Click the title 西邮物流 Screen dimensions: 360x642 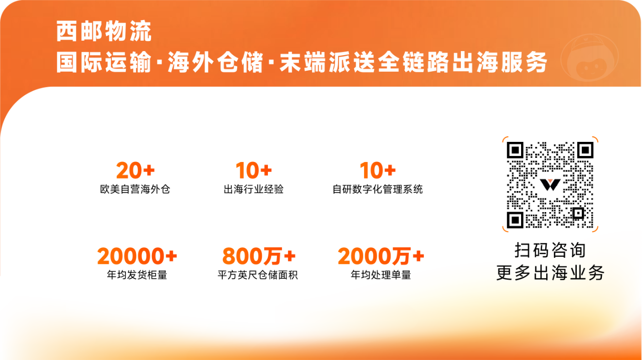(x=104, y=33)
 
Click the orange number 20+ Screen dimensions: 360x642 (x=135, y=171)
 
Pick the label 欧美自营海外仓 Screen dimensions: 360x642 (x=135, y=190)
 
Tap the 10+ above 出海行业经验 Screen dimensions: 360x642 (x=254, y=171)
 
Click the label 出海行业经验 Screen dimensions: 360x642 (x=254, y=190)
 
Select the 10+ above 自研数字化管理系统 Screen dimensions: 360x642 (x=378, y=171)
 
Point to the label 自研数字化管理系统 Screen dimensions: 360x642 (x=378, y=190)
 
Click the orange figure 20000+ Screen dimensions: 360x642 (x=137, y=257)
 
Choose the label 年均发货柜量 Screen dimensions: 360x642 (x=137, y=275)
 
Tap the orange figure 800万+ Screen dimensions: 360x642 (x=259, y=257)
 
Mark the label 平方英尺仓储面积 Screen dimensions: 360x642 (x=258, y=275)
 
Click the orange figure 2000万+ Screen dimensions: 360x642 (x=381, y=257)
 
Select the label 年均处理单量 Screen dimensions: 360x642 (x=381, y=275)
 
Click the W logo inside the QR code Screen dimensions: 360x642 (x=550, y=184)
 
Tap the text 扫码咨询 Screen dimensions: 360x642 (x=550, y=250)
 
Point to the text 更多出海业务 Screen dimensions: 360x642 (x=550, y=273)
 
